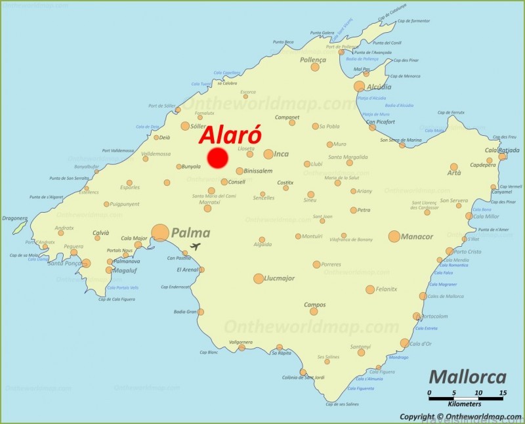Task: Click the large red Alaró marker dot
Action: tap(217, 158)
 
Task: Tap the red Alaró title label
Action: tap(230, 135)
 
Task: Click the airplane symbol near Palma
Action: tap(195, 247)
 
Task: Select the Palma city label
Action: tap(190, 232)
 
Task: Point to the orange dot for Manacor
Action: tap(394, 236)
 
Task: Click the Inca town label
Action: tap(281, 154)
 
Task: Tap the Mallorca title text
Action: tap(467, 377)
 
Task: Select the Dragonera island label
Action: tap(14, 218)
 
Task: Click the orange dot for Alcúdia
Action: tap(359, 87)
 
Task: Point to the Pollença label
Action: tap(312, 60)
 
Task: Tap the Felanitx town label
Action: tap(387, 289)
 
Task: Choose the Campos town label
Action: tap(314, 305)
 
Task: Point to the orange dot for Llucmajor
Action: tap(259, 278)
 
